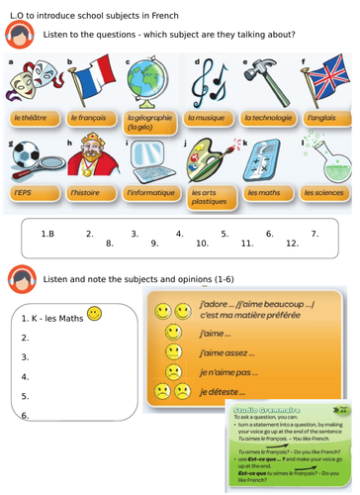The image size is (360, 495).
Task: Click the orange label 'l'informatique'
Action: [x=149, y=192]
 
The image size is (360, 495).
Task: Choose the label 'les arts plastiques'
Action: [x=209, y=195]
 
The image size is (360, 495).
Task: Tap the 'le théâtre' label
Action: [x=32, y=118]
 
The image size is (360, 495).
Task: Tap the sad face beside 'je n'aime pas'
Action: [x=173, y=372]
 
